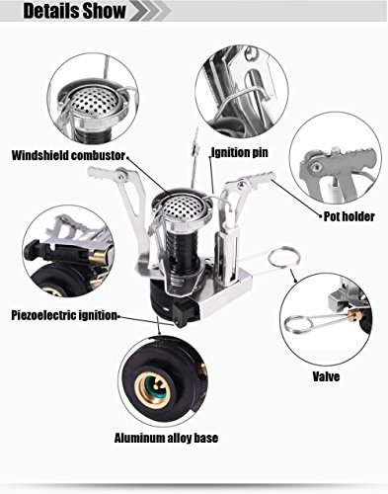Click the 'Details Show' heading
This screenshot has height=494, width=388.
tap(74, 10)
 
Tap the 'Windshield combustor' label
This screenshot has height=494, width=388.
tap(68, 155)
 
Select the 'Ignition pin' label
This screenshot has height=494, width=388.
tap(240, 152)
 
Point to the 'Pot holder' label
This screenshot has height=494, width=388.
tap(349, 216)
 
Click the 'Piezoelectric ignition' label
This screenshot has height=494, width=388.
tap(64, 315)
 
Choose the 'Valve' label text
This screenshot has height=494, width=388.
tap(326, 376)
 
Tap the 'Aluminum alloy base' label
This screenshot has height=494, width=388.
tap(166, 438)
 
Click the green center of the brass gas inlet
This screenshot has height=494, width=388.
tap(154, 389)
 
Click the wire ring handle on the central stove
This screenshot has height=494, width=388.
tap(283, 258)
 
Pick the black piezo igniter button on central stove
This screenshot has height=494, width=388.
tap(185, 314)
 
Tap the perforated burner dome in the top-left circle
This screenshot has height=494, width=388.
tap(96, 101)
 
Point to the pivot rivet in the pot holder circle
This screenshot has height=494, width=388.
tap(316, 166)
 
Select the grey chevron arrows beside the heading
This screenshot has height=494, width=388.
tap(151, 11)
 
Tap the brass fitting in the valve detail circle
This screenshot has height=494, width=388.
tap(354, 316)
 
